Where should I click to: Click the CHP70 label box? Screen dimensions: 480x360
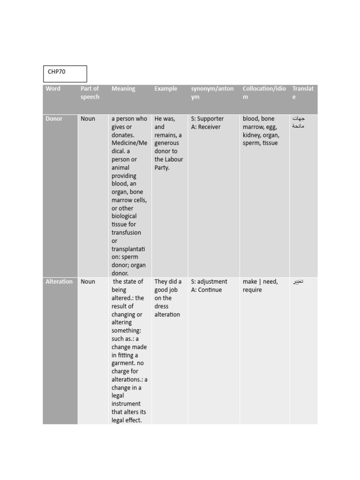[65, 74]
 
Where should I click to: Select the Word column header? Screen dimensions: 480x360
[53, 89]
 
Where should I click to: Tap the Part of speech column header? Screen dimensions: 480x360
[90, 93]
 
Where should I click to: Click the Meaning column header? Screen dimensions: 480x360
[123, 89]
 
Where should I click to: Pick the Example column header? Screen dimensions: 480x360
[166, 89]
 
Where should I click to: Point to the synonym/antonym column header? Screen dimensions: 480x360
[212, 93]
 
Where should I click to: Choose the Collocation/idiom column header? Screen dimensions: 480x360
[264, 93]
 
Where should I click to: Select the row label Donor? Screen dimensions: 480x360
[54, 119]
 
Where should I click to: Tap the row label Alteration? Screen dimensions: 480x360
[59, 282]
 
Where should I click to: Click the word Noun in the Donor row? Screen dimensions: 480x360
[88, 119]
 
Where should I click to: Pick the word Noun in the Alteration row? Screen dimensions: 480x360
[88, 282]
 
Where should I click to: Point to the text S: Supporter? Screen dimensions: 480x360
[207, 119]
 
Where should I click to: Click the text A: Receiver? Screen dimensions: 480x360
[206, 127]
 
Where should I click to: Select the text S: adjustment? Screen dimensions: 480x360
[209, 282]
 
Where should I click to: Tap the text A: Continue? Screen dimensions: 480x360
[206, 290]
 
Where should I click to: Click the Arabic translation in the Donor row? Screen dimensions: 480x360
[299, 122]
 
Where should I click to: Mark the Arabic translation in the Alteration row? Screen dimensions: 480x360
[298, 282]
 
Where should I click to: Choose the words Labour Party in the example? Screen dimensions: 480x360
[168, 164]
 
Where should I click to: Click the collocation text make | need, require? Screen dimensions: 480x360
[260, 285]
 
